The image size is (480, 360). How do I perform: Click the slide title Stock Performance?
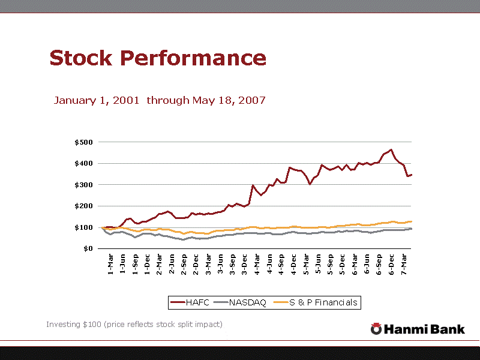pos(158,58)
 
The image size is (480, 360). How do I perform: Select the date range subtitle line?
pos(160,100)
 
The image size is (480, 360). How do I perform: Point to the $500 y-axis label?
pos(84,142)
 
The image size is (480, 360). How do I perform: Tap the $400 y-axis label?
pos(84,163)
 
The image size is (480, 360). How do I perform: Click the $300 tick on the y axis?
pos(84,185)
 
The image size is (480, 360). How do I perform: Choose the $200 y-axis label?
pos(84,206)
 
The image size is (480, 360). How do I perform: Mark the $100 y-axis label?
pos(84,227)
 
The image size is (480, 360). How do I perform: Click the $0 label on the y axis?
pos(88,248)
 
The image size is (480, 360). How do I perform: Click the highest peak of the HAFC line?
pos(391,150)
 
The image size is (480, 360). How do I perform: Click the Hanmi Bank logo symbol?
pos(376,329)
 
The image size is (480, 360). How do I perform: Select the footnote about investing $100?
pos(134,325)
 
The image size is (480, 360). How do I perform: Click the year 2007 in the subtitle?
pos(253,100)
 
